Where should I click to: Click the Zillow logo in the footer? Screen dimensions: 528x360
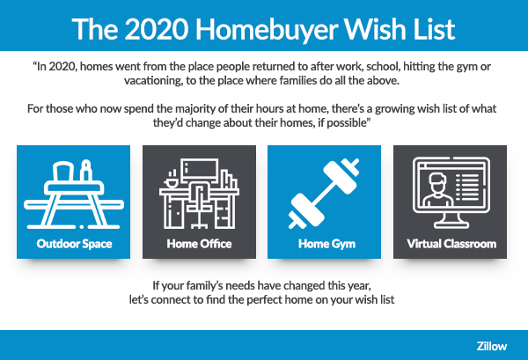click(x=491, y=346)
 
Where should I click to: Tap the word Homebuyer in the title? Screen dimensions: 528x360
click(x=267, y=29)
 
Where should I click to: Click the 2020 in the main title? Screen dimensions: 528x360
click(x=157, y=29)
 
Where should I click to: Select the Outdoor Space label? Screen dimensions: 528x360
click(x=74, y=244)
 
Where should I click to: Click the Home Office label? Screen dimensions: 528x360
click(x=200, y=244)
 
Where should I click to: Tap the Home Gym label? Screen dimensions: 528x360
click(x=326, y=244)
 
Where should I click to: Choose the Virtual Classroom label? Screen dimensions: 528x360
click(x=451, y=244)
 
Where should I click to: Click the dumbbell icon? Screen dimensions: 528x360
click(x=324, y=194)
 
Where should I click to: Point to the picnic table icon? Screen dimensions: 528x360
click(x=74, y=195)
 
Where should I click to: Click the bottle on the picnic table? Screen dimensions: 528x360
click(x=86, y=171)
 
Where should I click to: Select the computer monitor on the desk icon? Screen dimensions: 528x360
click(x=200, y=171)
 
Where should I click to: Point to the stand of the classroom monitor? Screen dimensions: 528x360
click(x=451, y=222)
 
